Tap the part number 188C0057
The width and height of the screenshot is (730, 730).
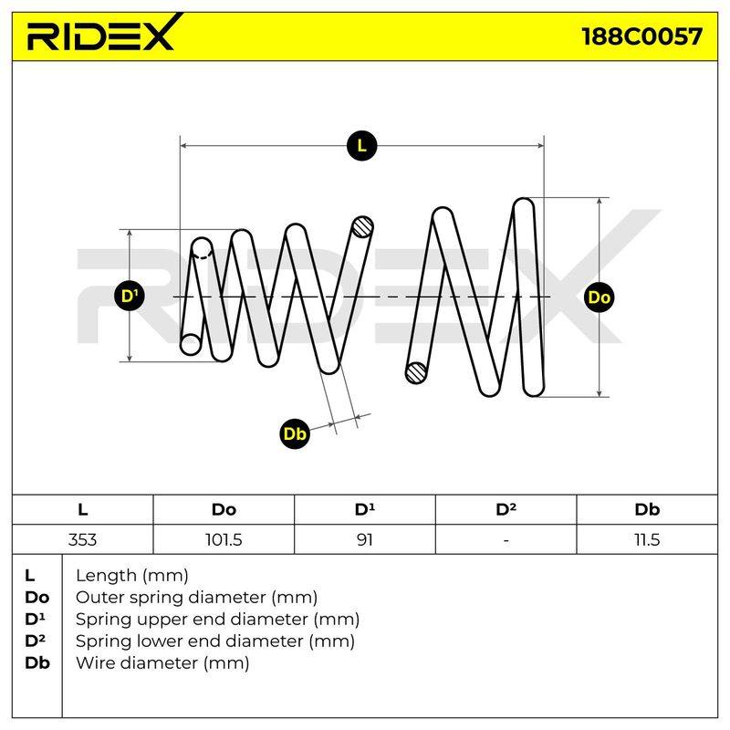(641, 36)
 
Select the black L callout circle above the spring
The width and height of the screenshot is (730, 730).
(361, 146)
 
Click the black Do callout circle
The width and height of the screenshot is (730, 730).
(600, 297)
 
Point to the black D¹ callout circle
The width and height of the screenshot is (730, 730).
(130, 296)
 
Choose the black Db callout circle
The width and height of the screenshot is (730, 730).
(295, 434)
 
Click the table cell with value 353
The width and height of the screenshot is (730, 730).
(82, 539)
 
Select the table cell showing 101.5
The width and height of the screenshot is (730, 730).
(224, 539)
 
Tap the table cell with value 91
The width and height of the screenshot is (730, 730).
(364, 539)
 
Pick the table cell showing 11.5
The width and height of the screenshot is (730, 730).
(647, 539)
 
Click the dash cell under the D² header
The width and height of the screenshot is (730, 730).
(506, 539)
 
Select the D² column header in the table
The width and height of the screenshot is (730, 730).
(506, 509)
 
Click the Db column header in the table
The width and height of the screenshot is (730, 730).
(647, 509)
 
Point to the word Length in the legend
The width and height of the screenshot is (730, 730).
(107, 577)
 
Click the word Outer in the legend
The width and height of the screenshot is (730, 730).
(99, 598)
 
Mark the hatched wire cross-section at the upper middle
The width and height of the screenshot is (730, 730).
(362, 227)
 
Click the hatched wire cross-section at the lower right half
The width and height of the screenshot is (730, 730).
(417, 373)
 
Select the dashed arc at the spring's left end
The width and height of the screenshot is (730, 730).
(202, 254)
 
